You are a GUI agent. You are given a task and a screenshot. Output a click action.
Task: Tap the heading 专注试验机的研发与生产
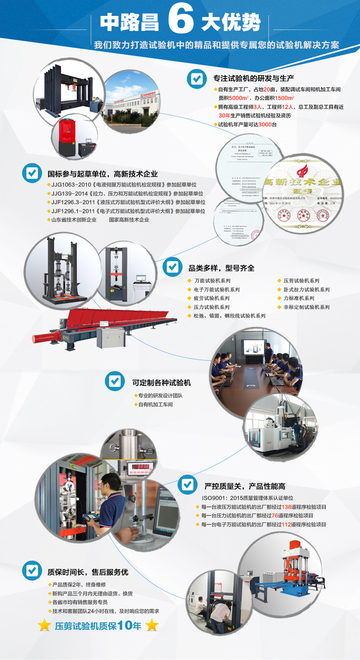click(254, 78)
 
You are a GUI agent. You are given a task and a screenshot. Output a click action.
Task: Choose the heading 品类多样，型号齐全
click(221, 268)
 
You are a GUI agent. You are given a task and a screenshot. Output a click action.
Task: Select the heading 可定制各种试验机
click(162, 383)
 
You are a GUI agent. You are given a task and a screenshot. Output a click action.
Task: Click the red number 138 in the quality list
click(287, 506)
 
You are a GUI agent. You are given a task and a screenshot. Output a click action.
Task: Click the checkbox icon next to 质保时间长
click(32, 571)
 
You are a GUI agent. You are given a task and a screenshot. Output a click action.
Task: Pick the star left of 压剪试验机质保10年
click(44, 625)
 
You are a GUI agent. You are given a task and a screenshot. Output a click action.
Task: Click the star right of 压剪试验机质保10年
click(152, 625)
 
